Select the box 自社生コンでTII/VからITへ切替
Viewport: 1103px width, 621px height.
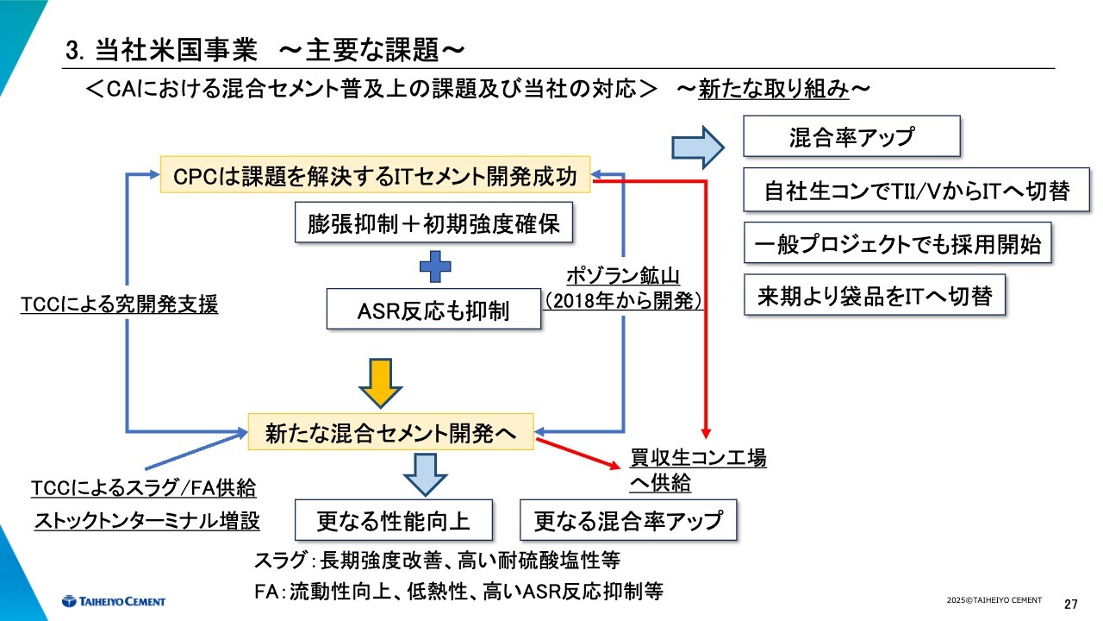(x=917, y=191)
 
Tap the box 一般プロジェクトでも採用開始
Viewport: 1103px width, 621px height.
(x=897, y=244)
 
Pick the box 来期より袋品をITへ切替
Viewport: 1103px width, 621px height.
(x=876, y=297)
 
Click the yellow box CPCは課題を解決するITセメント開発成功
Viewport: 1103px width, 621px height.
(x=376, y=175)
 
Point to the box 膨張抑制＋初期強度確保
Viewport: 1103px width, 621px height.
(x=434, y=224)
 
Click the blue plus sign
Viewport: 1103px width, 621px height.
(x=436, y=267)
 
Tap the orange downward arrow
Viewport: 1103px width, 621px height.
(x=381, y=381)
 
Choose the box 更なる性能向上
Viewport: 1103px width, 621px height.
(x=394, y=520)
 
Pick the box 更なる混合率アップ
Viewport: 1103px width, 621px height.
(x=628, y=520)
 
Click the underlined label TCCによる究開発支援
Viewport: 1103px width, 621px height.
(x=120, y=304)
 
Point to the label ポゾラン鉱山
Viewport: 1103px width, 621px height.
(x=623, y=277)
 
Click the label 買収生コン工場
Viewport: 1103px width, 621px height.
(x=698, y=458)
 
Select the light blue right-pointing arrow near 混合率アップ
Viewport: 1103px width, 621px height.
(x=699, y=147)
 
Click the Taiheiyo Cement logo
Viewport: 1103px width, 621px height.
(x=113, y=601)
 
